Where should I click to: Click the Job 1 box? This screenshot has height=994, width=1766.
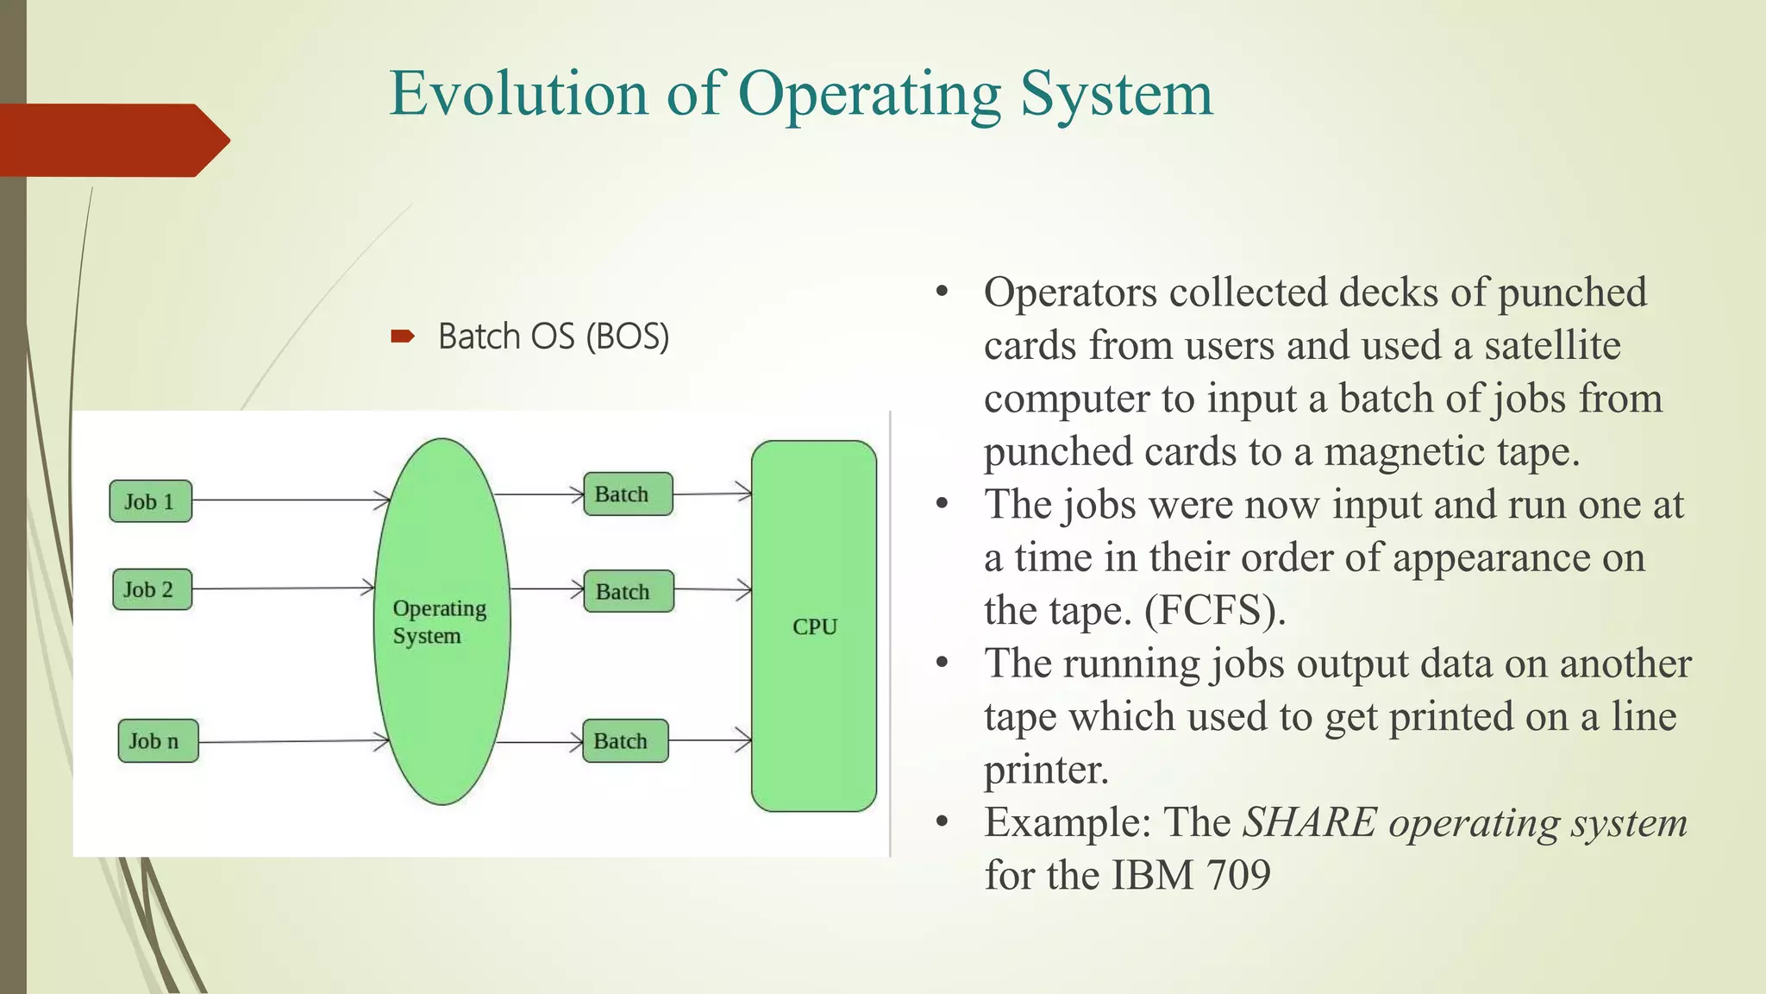point(150,501)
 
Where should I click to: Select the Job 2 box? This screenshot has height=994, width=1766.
point(151,589)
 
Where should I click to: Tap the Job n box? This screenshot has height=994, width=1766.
point(158,740)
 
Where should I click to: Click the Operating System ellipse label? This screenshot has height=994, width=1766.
point(439,622)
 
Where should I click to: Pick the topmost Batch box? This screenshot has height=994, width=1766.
point(627,494)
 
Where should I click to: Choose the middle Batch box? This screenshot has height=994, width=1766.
point(628,591)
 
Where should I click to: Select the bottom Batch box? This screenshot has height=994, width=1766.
point(624,740)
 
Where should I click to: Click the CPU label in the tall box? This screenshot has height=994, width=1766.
point(814,626)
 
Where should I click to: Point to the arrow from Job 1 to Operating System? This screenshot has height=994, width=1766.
point(289,500)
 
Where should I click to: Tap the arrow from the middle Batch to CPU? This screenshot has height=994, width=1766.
point(711,590)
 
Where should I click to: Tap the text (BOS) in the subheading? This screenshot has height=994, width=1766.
point(627,337)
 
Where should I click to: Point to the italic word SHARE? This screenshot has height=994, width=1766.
point(1310,822)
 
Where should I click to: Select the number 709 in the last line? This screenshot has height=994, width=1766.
point(1238,875)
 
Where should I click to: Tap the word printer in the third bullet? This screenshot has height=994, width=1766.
point(1045,769)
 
